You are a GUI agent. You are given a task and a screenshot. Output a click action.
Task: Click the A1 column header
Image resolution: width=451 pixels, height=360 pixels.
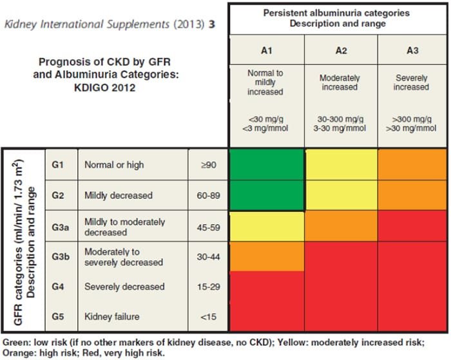coord(266,51)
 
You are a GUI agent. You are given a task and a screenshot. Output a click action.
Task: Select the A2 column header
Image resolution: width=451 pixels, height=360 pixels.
coord(341,51)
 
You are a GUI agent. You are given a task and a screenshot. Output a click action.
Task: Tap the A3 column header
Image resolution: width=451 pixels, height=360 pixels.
coord(412,51)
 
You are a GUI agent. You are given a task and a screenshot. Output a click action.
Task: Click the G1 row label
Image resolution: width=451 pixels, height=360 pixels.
coord(57,165)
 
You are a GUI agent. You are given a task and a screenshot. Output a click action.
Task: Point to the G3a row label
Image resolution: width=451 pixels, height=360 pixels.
coord(61,227)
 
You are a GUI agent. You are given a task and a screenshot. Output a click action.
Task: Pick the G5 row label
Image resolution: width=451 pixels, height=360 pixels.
coord(58,317)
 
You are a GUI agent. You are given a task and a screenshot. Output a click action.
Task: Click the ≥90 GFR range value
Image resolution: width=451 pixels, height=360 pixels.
coord(209,165)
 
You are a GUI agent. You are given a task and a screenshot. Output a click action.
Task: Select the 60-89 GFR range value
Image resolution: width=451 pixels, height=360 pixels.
coord(209,196)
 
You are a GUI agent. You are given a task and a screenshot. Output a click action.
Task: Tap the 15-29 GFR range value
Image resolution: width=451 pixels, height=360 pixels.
coord(209,287)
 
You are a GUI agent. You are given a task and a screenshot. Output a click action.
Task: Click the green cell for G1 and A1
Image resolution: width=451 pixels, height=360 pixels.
coord(267,164)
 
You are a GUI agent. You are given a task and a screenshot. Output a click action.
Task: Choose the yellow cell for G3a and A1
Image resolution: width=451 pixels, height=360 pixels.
coord(267,227)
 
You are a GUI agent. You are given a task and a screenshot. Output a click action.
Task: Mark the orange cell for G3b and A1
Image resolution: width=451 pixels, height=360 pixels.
coord(267,256)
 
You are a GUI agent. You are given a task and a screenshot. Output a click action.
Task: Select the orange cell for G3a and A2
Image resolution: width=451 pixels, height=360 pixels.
coord(341,226)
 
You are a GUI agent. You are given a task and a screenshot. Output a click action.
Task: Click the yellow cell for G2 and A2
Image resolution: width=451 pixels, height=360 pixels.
coord(341,196)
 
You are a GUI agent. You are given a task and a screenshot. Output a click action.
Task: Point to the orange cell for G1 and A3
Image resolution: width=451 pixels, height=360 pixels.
coord(412,164)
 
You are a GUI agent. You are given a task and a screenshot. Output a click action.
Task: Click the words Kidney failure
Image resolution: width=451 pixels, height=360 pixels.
coord(112,317)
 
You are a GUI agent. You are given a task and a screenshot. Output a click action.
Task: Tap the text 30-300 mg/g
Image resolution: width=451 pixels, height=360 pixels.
coord(340,119)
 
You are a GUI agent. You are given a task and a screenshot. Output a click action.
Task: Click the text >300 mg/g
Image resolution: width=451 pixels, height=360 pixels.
coord(412,119)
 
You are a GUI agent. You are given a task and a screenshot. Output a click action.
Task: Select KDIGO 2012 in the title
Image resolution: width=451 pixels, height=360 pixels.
coord(104,88)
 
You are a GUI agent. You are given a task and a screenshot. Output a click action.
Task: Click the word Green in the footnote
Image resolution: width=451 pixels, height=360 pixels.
coord(16,343)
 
